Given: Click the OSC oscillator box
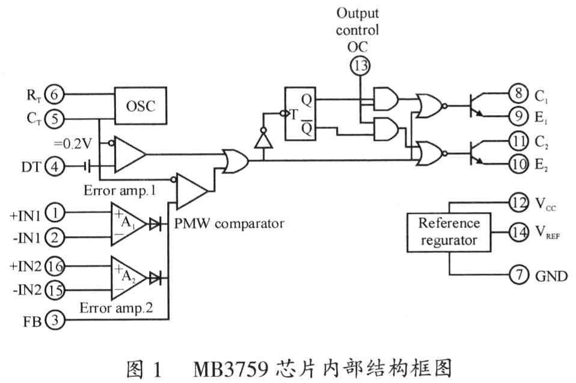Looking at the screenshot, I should [140, 106].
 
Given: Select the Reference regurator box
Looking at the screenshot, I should [449, 232].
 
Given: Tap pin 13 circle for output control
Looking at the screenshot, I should [360, 66].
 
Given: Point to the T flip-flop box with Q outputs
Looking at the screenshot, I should [308, 114].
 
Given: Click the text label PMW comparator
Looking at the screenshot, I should [228, 224].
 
